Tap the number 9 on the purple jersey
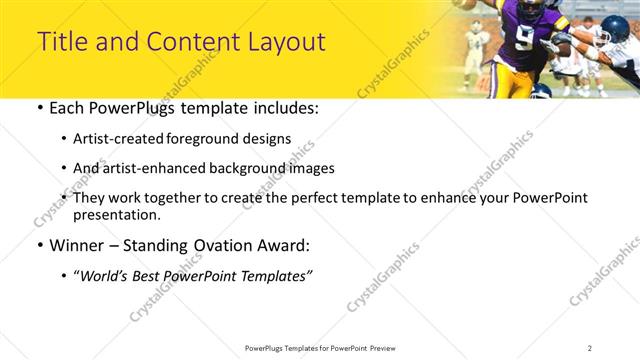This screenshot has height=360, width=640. (525, 37)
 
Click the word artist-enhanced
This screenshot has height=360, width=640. (151, 168)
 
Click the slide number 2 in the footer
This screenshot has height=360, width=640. (590, 348)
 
